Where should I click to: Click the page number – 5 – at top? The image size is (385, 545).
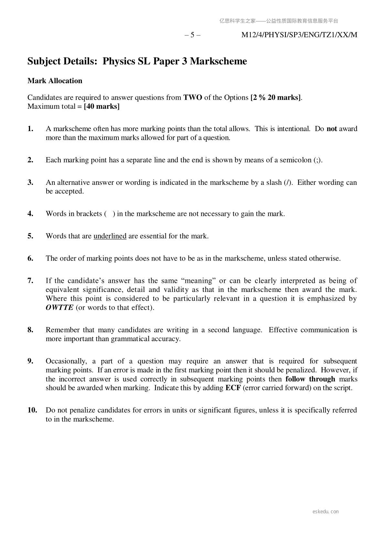(192, 35)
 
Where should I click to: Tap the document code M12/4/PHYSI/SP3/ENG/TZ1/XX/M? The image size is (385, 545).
(299, 35)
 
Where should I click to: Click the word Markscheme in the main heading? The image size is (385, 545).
(218, 61)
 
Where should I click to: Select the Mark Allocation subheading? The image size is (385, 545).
(55, 81)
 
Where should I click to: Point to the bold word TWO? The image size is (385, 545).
(193, 97)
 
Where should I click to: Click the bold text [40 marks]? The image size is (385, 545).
(102, 106)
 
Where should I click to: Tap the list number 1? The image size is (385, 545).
(30, 129)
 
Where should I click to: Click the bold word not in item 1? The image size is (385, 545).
(332, 129)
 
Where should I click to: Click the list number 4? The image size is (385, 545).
(30, 214)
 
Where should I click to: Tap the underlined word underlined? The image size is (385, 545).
(110, 236)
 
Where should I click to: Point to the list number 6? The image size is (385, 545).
(30, 258)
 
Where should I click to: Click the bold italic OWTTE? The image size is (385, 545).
(59, 307)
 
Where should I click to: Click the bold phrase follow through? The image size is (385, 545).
(310, 379)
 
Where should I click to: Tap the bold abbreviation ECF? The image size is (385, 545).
(233, 388)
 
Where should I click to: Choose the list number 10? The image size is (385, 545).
(32, 410)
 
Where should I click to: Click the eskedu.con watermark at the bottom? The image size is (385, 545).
(326, 512)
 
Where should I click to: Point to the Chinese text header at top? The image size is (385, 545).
(279, 21)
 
